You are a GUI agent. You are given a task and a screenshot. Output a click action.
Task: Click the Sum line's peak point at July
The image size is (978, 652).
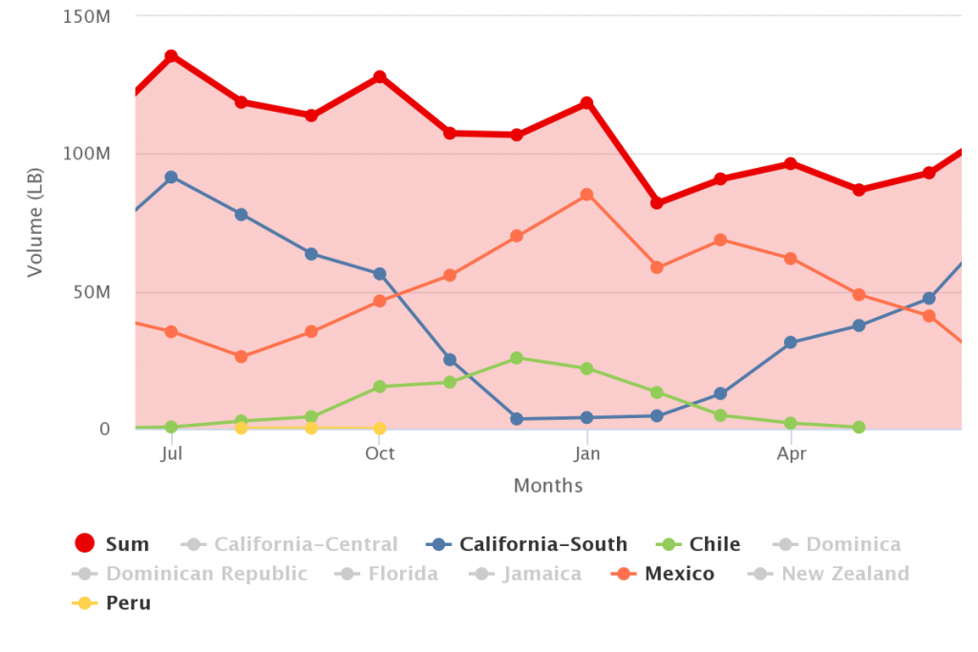point(171,56)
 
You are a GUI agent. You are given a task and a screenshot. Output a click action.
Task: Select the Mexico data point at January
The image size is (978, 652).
point(586,195)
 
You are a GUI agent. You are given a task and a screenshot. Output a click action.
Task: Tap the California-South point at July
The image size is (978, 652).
point(171,177)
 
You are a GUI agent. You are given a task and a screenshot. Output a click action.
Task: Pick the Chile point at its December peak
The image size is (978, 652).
point(517,358)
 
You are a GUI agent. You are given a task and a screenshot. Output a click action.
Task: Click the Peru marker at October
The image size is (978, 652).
point(379,429)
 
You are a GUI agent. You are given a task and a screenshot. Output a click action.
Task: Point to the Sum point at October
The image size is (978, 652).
point(379,76)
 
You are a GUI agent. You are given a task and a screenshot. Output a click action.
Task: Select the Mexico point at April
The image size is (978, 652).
point(790,258)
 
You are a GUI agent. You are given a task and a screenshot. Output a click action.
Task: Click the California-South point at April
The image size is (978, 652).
point(790,342)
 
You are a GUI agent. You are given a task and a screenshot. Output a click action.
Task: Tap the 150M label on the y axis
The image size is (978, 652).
point(86,16)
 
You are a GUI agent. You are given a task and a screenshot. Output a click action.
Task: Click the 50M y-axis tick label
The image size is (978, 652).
point(92,292)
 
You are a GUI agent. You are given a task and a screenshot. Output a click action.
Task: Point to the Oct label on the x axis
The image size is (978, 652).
point(379,453)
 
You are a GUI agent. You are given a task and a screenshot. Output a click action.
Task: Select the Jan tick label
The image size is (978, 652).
point(586,453)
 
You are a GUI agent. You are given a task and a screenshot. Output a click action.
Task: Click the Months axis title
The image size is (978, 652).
point(548,486)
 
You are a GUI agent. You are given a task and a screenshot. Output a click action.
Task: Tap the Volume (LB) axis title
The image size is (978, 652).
point(35,222)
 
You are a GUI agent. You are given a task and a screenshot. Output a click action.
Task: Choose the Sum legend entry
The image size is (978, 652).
point(112,543)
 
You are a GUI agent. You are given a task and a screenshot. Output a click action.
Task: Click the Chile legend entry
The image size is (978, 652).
point(698,544)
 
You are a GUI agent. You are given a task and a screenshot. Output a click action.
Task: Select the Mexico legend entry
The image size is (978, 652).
point(663,574)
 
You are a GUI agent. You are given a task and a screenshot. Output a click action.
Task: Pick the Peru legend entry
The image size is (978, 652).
point(112,602)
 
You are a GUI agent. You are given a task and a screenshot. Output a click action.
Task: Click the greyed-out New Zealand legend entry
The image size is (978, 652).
point(828,574)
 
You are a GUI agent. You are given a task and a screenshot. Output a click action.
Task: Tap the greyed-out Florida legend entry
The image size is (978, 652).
point(386,574)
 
